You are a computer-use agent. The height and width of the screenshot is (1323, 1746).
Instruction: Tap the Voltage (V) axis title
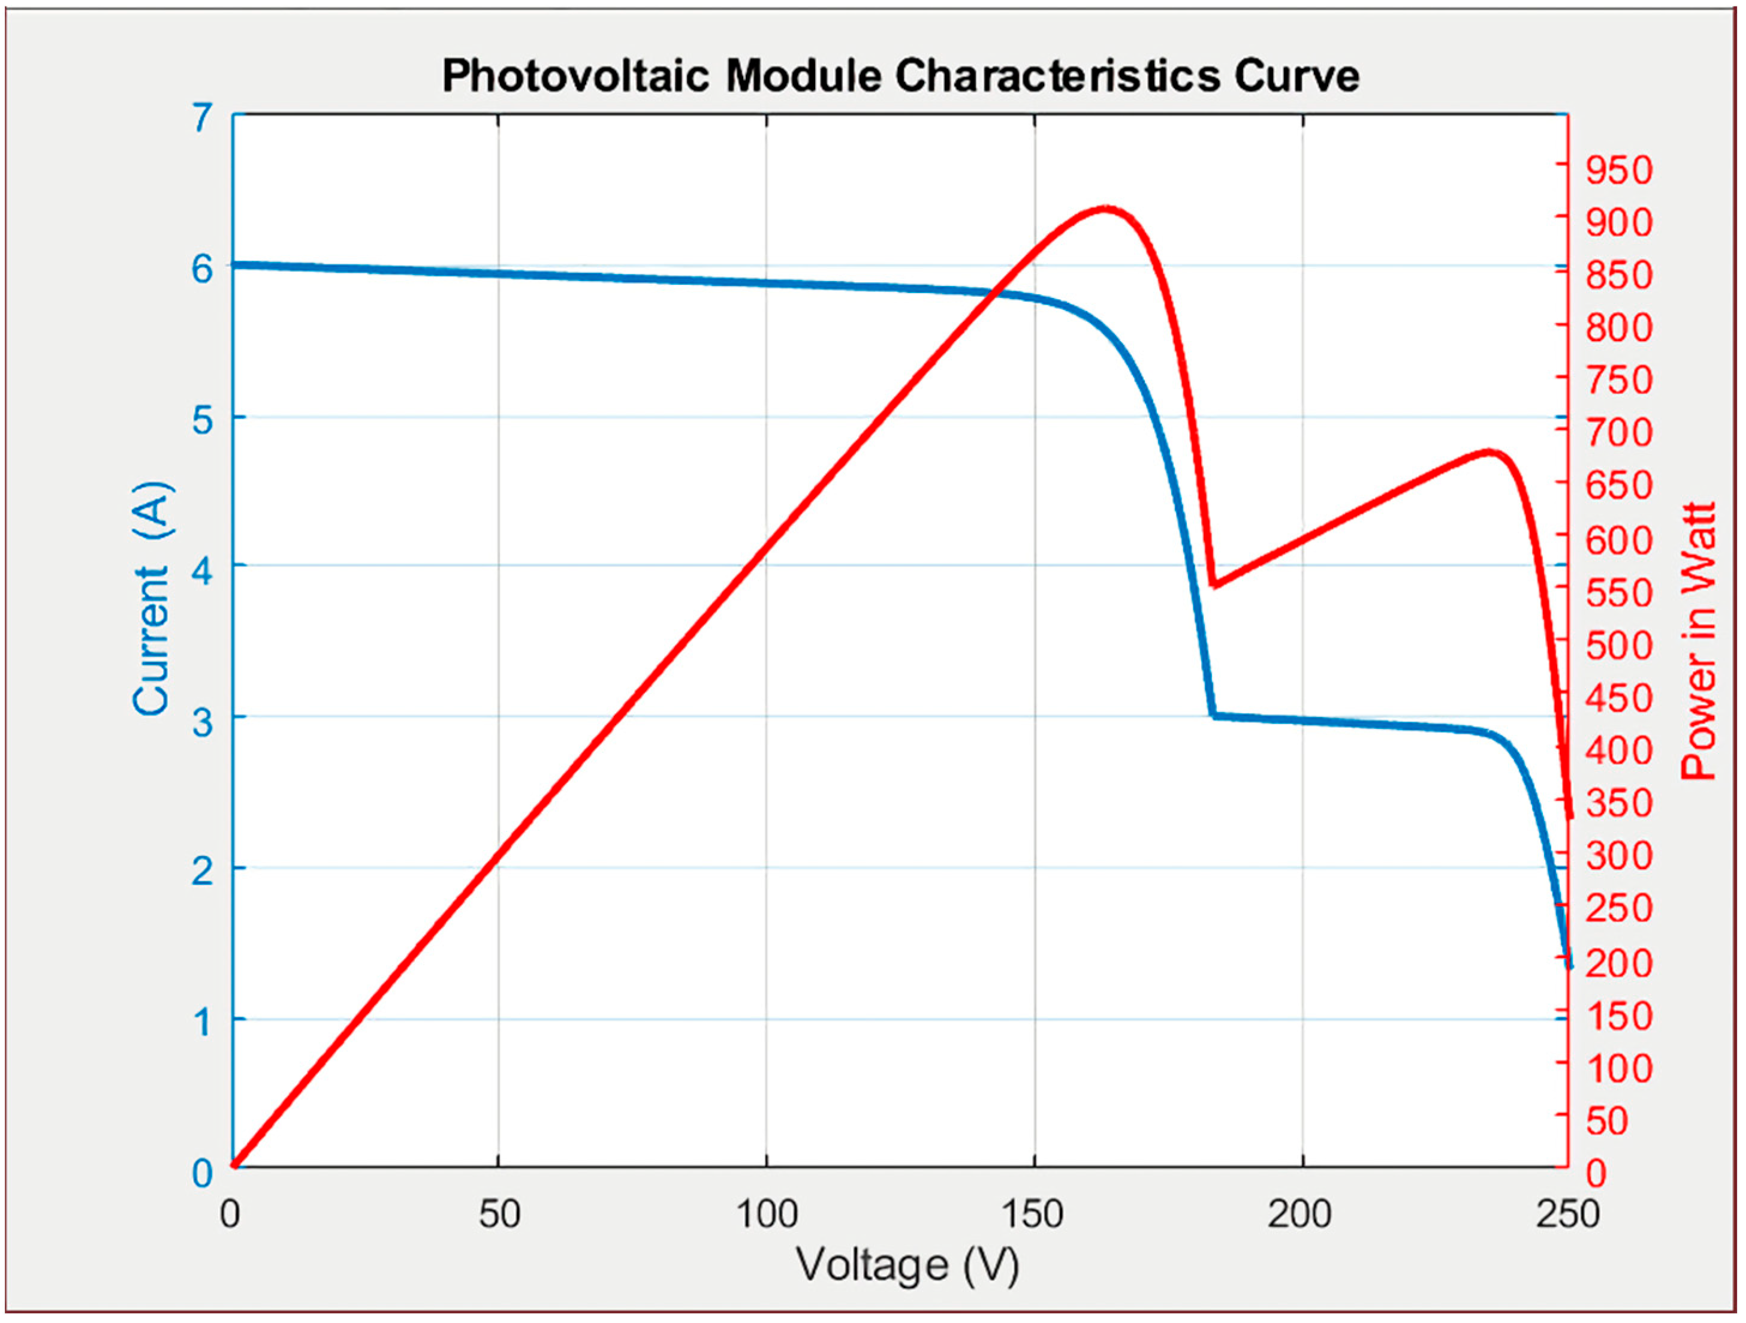coord(907,1265)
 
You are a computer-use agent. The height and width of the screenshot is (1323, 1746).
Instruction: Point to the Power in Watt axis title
coord(1699,640)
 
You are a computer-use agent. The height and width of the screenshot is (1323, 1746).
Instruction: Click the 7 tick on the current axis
coord(203,119)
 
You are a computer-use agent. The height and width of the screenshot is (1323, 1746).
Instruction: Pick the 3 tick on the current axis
coord(203,721)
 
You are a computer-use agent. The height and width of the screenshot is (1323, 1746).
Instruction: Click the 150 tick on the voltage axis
coord(1034,1214)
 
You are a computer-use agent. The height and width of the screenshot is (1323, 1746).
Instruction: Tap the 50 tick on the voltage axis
coord(499,1214)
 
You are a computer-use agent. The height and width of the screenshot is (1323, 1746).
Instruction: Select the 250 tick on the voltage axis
coord(1567,1214)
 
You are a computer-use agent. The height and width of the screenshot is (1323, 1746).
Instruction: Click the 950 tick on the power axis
coord(1618,170)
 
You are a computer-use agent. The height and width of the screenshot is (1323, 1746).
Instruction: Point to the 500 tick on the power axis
coord(1618,646)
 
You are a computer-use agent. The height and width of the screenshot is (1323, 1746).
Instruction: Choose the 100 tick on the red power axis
coord(1618,1069)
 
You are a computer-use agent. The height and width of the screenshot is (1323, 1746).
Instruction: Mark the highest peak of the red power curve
coord(1106,209)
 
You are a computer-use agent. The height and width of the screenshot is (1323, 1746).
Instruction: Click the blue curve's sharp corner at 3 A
coord(1214,715)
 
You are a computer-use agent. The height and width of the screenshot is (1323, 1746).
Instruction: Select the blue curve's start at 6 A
coord(234,264)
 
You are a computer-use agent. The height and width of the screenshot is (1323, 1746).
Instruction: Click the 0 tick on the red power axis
coord(1596,1174)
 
